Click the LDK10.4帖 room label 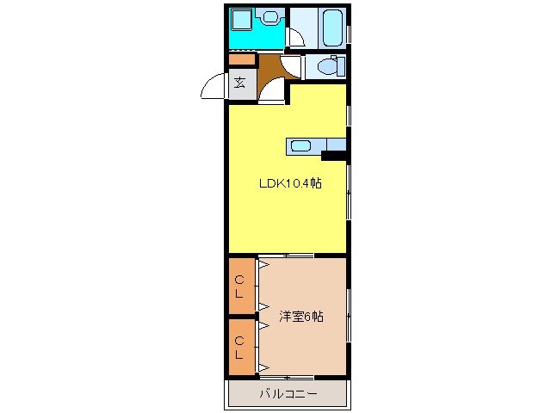tap(291, 183)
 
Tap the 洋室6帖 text tap(300, 317)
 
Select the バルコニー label tap(288, 394)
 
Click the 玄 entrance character tap(240, 83)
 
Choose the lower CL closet tap(241, 348)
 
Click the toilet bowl tap(327, 66)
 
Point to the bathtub tap(331, 28)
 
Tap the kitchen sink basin tap(300, 145)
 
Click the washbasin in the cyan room tap(271, 16)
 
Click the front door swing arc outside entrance tap(212, 87)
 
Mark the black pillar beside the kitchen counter tap(334, 156)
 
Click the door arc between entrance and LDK tap(274, 92)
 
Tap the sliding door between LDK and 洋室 tap(286, 256)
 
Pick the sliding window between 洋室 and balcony tap(286, 378)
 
